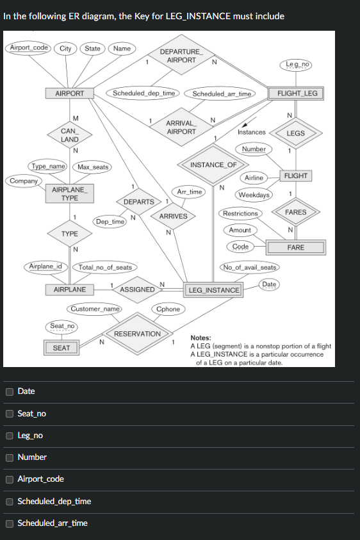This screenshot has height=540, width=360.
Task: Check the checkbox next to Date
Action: [10, 391]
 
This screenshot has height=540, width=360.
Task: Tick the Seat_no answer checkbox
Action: [10, 413]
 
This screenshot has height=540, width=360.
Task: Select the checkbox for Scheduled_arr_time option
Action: [10, 523]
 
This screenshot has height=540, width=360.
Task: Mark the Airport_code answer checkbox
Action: [10, 479]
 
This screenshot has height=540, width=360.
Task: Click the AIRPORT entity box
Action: [70, 94]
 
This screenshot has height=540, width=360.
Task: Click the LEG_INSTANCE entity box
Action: [213, 290]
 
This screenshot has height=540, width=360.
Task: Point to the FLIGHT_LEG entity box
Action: [297, 94]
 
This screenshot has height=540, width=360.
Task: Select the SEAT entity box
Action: [61, 348]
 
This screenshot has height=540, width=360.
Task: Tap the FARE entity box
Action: [296, 247]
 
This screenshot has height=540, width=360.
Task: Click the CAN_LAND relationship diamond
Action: [70, 135]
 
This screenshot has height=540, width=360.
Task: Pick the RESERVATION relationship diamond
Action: [137, 334]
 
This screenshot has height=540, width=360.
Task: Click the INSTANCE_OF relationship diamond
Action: [213, 165]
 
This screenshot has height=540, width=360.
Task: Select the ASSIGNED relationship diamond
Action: [137, 290]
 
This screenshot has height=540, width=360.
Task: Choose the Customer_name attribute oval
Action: [95, 309]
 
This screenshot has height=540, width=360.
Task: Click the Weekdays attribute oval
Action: [254, 195]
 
